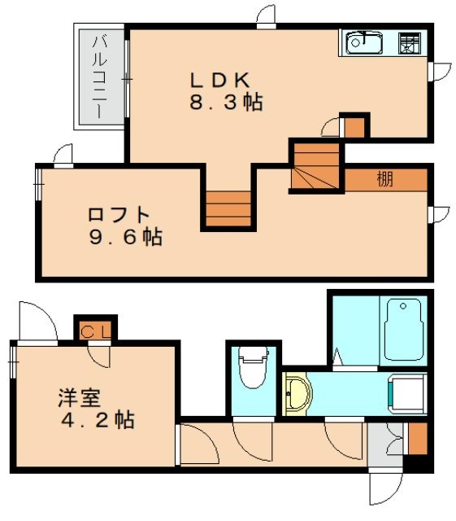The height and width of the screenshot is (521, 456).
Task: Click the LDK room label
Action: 219,80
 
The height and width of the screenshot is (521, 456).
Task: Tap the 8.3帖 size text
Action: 226,102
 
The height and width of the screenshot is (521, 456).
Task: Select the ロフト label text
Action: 119,215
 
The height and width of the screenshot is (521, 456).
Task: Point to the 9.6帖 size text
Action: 126,237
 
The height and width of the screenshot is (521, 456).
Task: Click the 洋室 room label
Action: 80,398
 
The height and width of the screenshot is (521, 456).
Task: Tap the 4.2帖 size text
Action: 98,420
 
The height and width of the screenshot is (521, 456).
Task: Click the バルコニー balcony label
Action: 99,77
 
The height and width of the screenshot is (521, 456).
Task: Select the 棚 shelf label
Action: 385,179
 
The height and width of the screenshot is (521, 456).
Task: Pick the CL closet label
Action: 96,331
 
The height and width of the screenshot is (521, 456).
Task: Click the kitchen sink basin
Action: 364,42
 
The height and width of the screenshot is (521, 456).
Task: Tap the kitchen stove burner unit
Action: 409,43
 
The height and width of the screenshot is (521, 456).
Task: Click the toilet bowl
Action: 254,367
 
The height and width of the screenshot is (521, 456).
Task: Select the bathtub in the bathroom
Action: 404,329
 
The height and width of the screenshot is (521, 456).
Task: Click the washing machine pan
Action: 407,394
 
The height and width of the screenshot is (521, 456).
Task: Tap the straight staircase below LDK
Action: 228,208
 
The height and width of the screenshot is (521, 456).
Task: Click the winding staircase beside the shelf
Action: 315,166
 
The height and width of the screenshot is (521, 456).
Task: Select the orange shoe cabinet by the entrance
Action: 418,439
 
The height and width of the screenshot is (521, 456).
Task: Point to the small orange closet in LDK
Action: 354,127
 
